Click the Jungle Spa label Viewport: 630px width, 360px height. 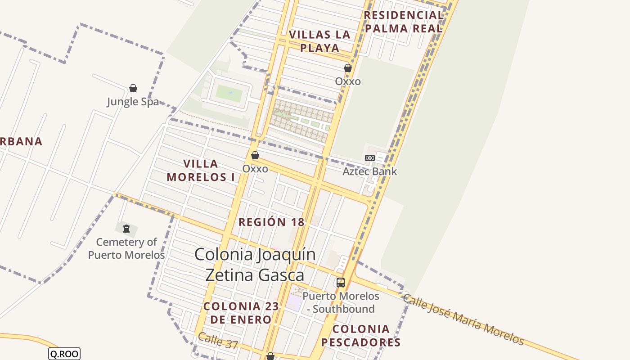pos(133,102)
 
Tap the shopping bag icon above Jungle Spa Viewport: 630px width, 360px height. pos(133,88)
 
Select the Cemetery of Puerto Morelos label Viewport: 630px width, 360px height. pos(126,248)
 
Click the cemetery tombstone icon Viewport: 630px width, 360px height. pos(126,229)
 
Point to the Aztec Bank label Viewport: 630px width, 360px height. pos(370,171)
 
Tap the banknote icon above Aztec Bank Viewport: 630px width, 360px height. pos(370,158)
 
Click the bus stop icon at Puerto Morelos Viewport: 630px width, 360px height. pos(341,283)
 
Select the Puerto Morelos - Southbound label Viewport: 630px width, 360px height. pos(341,302)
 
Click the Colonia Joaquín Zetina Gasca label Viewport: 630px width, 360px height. pos(255,265)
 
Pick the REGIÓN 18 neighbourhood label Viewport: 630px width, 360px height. pos(271,222)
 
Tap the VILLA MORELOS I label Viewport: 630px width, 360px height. pos(201,170)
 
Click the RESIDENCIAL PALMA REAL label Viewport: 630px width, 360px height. pos(404,22)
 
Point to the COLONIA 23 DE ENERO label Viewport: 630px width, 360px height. pos(241,313)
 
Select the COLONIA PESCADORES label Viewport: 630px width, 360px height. pos(361,336)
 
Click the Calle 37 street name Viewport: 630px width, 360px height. pos(218,341)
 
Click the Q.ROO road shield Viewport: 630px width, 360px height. pos(64,354)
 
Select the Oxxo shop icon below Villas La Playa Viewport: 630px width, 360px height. pos(348,68)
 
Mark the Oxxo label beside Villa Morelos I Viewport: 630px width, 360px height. pos(255,169)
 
